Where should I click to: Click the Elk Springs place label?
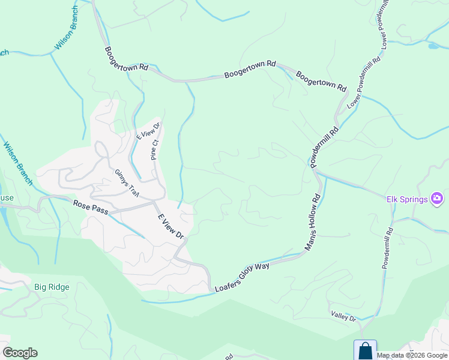coord(406,199)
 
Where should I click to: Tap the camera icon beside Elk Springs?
coord(437,199)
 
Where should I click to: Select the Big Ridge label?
coord(52,287)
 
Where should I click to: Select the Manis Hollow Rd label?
coord(314,221)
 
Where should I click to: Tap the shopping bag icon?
coord(365,350)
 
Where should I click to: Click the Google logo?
coord(20,353)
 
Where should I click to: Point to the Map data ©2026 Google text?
coord(412,355)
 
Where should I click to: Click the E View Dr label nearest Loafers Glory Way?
coord(170,227)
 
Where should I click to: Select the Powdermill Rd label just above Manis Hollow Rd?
coord(324,146)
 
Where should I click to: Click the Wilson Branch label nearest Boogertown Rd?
coord(67,28)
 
